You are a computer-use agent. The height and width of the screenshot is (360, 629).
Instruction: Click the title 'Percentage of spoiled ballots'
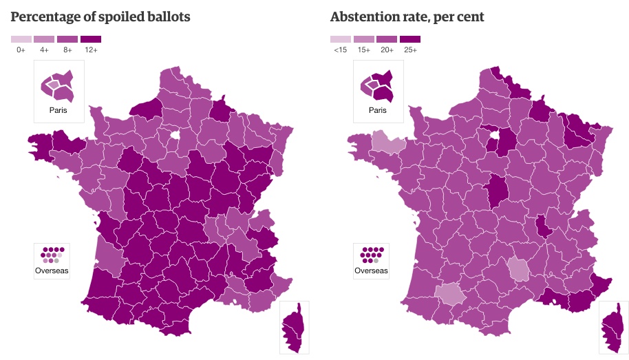tap(100, 17)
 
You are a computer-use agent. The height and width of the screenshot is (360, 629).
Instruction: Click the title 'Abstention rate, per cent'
tap(407, 17)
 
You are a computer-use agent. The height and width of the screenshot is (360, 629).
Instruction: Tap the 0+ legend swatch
tap(21, 39)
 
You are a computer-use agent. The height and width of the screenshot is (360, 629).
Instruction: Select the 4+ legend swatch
tap(44, 39)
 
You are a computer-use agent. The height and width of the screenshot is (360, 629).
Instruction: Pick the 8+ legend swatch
tap(67, 39)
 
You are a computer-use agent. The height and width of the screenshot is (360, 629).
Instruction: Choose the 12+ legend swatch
tap(90, 39)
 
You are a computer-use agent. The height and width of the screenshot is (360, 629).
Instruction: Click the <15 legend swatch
tap(340, 39)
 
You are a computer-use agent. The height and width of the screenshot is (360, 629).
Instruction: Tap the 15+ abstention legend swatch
tap(363, 39)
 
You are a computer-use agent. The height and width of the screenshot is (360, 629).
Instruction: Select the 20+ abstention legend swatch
tap(387, 39)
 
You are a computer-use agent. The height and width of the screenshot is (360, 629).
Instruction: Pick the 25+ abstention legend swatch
tap(410, 39)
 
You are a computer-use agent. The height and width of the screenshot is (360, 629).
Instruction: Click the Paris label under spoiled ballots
tap(58, 110)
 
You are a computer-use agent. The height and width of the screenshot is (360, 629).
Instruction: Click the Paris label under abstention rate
tap(378, 110)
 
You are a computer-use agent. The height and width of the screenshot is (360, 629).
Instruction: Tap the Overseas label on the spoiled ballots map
tap(52, 271)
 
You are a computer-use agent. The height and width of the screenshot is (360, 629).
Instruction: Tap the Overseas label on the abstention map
tap(371, 271)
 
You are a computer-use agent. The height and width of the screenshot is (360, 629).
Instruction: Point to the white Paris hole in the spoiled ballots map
tap(175, 135)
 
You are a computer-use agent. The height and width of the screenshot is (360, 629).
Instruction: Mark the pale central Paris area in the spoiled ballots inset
tap(53, 85)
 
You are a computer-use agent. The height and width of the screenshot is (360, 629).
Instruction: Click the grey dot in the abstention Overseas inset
tap(375, 261)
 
